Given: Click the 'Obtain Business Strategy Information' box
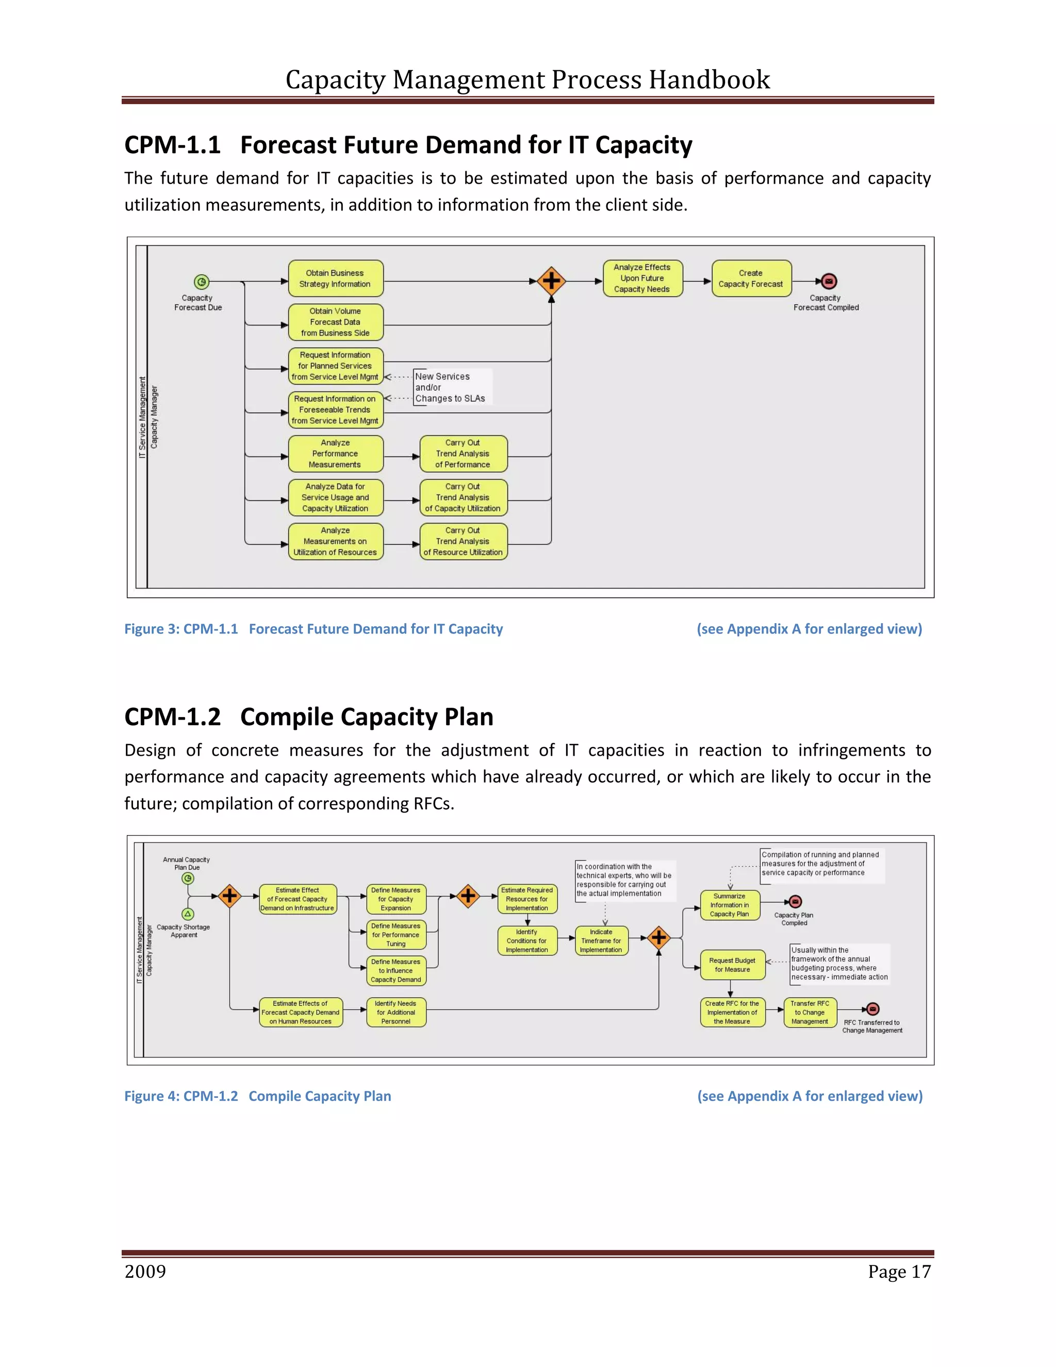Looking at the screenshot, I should [335, 279].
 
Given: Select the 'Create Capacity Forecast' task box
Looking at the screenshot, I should [751, 279].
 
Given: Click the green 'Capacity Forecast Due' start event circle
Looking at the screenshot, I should [201, 282].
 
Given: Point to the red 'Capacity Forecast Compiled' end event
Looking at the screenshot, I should [829, 282].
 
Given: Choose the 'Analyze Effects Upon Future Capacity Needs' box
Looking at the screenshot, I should [642, 279].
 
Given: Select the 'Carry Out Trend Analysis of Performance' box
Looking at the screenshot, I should [463, 454].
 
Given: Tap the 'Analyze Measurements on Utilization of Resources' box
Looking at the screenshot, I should [335, 542].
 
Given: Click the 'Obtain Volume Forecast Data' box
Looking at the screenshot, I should [335, 322].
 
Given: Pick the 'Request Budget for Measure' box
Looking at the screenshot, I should [733, 965].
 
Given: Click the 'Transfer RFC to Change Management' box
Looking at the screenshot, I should [810, 1012].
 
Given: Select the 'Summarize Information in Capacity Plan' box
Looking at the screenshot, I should [730, 905].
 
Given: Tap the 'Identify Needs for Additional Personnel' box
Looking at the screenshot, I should [396, 1012].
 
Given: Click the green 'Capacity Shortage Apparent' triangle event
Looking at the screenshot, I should [188, 914].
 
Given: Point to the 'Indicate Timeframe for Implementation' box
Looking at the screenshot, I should [601, 941].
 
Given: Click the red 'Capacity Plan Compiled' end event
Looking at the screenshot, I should [795, 902].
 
